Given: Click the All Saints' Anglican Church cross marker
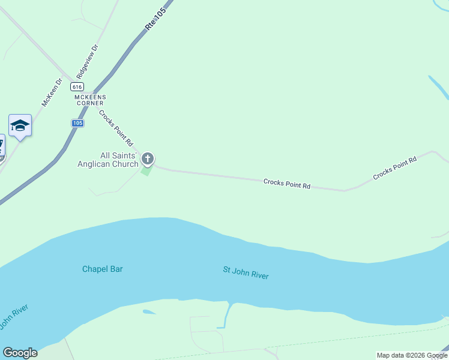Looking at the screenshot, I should pyautogui.click(x=147, y=159).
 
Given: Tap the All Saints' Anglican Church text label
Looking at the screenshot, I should pyautogui.click(x=108, y=160).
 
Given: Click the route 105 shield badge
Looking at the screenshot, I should pyautogui.click(x=77, y=123).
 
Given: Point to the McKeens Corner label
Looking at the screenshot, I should pyautogui.click(x=89, y=100).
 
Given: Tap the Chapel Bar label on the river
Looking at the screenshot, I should pyautogui.click(x=102, y=269).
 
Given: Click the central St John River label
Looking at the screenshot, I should pyautogui.click(x=246, y=273).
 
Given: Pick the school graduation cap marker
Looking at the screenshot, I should pyautogui.click(x=20, y=125).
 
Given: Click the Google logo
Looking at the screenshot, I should pyautogui.click(x=20, y=353).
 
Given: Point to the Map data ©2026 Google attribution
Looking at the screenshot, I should pyautogui.click(x=412, y=355).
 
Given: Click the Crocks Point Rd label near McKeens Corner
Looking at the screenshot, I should pyautogui.click(x=116, y=128).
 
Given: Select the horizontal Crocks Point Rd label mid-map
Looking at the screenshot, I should pyautogui.click(x=286, y=183).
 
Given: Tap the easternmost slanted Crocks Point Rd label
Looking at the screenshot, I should pyautogui.click(x=394, y=168).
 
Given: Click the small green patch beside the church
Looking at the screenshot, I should pyautogui.click(x=146, y=171).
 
